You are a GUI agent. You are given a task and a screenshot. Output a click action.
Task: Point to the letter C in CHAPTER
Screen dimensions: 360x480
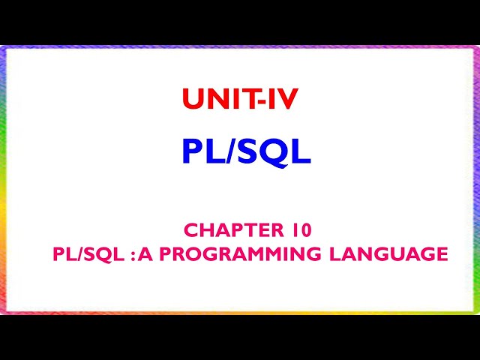(x=190, y=229)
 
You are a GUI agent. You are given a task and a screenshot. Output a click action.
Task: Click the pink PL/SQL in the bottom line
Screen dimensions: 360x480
(x=81, y=255)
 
